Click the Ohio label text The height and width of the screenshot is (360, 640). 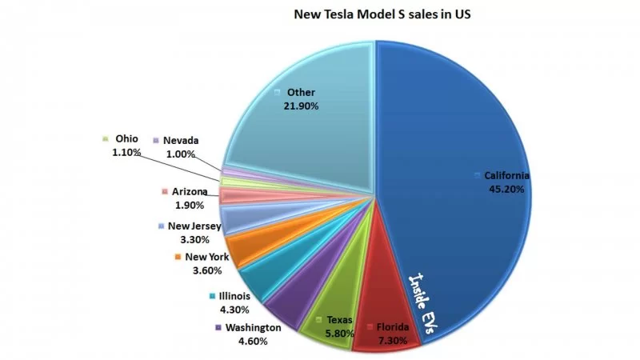tap(126, 138)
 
